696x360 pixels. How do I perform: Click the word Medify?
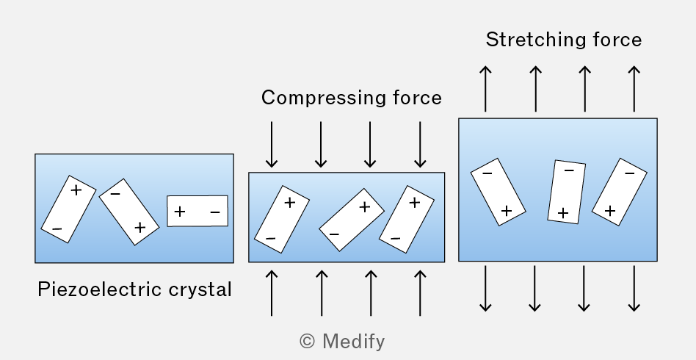click(x=353, y=342)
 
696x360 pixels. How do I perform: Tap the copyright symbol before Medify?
click(x=308, y=342)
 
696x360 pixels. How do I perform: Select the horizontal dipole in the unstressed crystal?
click(x=197, y=211)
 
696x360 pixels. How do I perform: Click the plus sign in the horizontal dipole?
click(x=180, y=212)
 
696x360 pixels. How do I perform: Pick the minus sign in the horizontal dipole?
click(x=215, y=212)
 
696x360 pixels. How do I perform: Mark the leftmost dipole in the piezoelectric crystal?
click(x=68, y=209)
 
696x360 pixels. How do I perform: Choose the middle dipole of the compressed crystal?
click(x=352, y=220)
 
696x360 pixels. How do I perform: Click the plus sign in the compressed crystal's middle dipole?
click(x=364, y=206)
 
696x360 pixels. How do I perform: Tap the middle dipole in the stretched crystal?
click(x=566, y=192)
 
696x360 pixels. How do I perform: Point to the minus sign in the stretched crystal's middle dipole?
click(x=568, y=170)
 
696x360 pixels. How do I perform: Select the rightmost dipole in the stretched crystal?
click(x=619, y=192)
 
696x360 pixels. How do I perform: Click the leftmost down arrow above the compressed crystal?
click(x=272, y=145)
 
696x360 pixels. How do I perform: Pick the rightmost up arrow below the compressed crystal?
click(x=420, y=293)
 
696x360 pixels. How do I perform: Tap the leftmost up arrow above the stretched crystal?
click(x=485, y=89)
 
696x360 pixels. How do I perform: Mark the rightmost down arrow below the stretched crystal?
click(x=634, y=289)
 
